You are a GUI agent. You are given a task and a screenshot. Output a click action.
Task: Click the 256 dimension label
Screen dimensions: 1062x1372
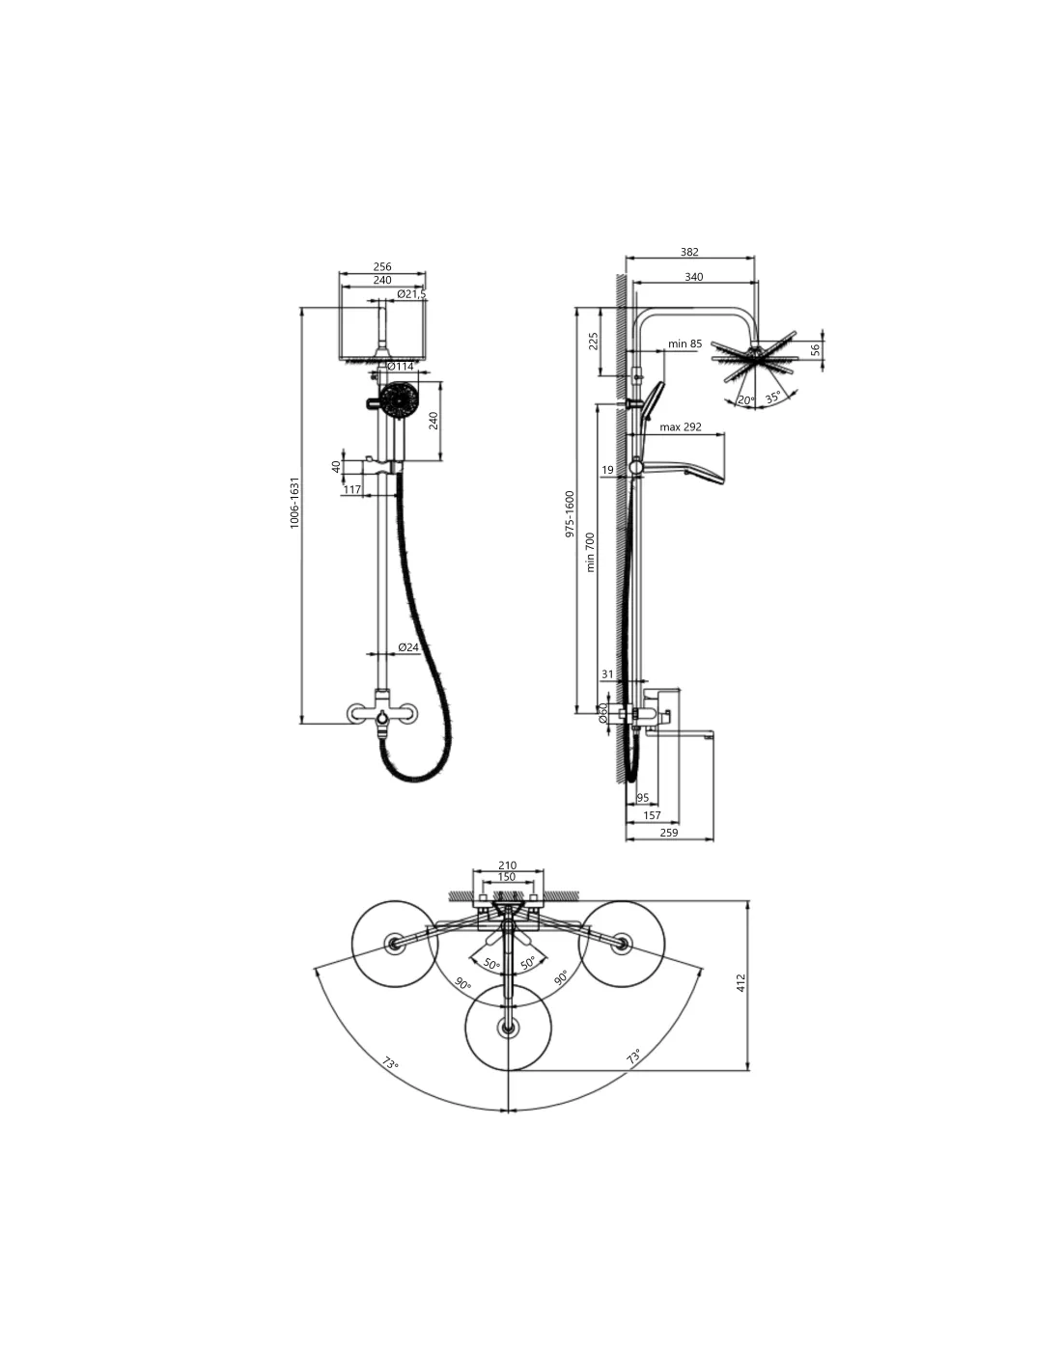pos(382,266)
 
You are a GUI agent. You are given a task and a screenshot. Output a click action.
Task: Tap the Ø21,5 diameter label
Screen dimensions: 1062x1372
pos(412,293)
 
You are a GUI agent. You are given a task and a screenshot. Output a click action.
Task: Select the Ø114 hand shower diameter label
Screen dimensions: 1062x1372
pos(400,367)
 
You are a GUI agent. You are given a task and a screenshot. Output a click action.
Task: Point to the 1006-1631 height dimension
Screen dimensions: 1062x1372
pos(294,503)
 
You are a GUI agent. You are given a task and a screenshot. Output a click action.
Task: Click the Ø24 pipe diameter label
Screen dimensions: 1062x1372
pos(408,647)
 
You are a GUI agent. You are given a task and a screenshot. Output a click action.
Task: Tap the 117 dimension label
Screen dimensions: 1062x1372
pos(351,489)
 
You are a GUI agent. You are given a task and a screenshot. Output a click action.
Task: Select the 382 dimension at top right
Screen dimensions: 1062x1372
pos(689,251)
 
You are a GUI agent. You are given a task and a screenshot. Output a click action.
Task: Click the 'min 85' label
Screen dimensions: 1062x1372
pos(685,343)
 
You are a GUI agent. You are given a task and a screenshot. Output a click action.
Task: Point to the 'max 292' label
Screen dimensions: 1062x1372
pos(681,426)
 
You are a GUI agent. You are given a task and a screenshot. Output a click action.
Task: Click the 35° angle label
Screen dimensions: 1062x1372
pos(773,398)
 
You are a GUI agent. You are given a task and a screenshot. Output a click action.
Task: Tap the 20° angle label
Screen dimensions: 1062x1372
pos(746,400)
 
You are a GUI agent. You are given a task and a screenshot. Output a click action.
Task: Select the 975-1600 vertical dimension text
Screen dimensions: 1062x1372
pos(570,514)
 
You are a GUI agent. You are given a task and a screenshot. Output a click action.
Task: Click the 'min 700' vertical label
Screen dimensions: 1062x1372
pos(591,552)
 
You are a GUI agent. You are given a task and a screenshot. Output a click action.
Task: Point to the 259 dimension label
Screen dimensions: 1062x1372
pos(668,832)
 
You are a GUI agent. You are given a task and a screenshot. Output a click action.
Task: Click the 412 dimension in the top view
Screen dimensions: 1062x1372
pos(741,982)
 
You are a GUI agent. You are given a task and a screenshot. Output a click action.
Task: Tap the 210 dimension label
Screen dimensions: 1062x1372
pos(507,865)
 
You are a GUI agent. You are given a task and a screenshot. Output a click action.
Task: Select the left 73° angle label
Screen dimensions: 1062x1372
pos(390,1063)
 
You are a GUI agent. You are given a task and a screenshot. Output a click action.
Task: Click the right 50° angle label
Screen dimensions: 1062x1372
pos(527,962)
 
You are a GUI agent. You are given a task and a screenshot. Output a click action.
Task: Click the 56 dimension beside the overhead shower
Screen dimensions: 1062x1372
pos(816,349)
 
